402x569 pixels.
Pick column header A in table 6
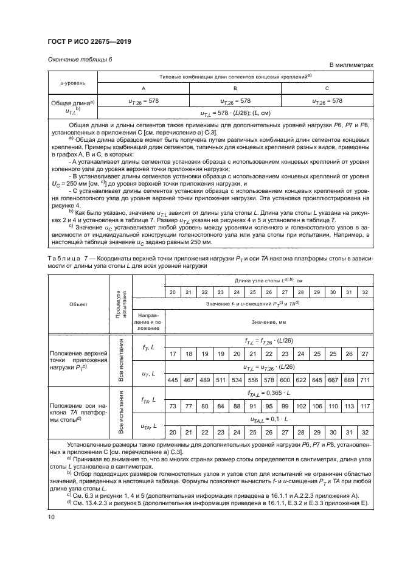point(143,88)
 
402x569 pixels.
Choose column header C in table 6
point(327,88)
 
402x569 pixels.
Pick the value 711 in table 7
point(364,380)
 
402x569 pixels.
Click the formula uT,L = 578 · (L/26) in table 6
point(236,113)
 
